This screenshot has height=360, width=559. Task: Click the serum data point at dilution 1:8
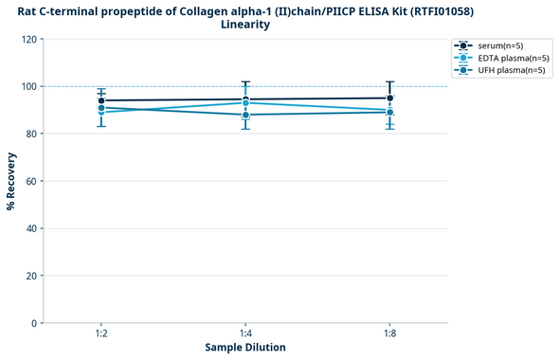pos(389,98)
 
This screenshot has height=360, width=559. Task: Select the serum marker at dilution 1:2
pos(101,100)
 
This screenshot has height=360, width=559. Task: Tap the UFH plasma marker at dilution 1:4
pos(245,115)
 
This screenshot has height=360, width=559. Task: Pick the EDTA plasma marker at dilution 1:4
pos(245,102)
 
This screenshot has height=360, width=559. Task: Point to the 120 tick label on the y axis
pos(28,39)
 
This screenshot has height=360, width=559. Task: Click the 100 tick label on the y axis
pos(28,86)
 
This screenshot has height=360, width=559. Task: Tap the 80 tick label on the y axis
pos(31,134)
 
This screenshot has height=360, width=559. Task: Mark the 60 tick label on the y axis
pos(31,181)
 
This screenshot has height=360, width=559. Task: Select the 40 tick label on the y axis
pos(31,228)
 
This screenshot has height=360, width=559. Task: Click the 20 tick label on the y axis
pos(31,276)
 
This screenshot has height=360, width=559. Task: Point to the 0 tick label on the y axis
pos(34,323)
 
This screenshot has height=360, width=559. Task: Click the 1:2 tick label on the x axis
pos(101,334)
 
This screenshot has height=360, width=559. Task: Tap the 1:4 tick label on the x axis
pos(245,334)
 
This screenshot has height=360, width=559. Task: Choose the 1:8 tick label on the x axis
pos(389,334)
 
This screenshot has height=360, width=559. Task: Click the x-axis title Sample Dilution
pos(245,348)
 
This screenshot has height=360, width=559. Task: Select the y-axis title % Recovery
pos(11,181)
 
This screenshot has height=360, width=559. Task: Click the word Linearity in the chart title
pos(245,25)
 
